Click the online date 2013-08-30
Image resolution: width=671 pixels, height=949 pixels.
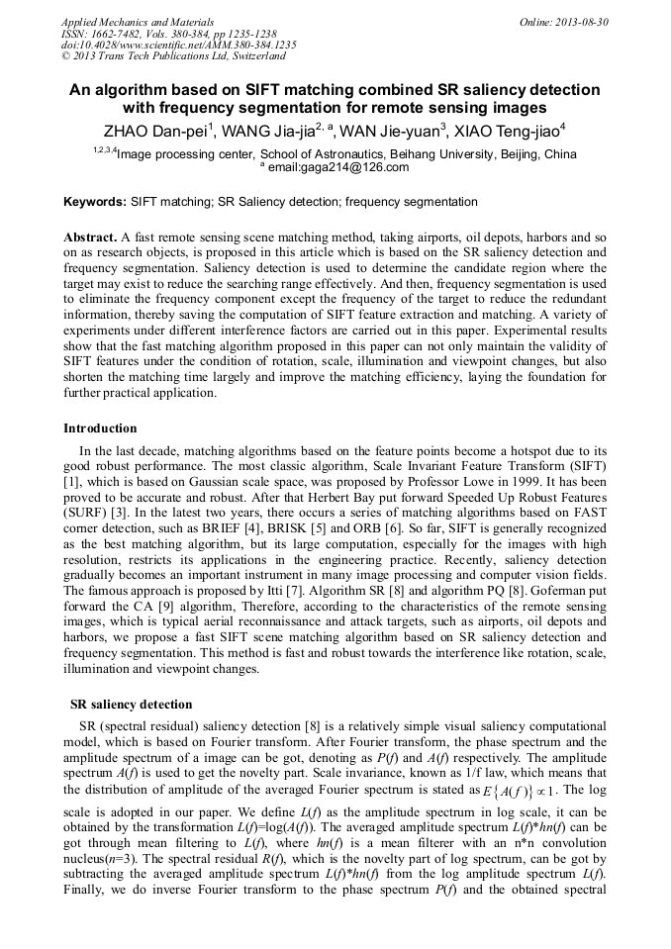pos(581,21)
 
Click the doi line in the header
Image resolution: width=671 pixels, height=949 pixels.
pos(178,46)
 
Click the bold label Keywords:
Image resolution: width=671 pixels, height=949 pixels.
pos(95,202)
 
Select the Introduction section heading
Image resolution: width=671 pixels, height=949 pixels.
pos(100,428)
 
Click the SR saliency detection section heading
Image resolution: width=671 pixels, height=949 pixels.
pos(131,705)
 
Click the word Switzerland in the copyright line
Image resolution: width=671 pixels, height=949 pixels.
pos(258,57)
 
